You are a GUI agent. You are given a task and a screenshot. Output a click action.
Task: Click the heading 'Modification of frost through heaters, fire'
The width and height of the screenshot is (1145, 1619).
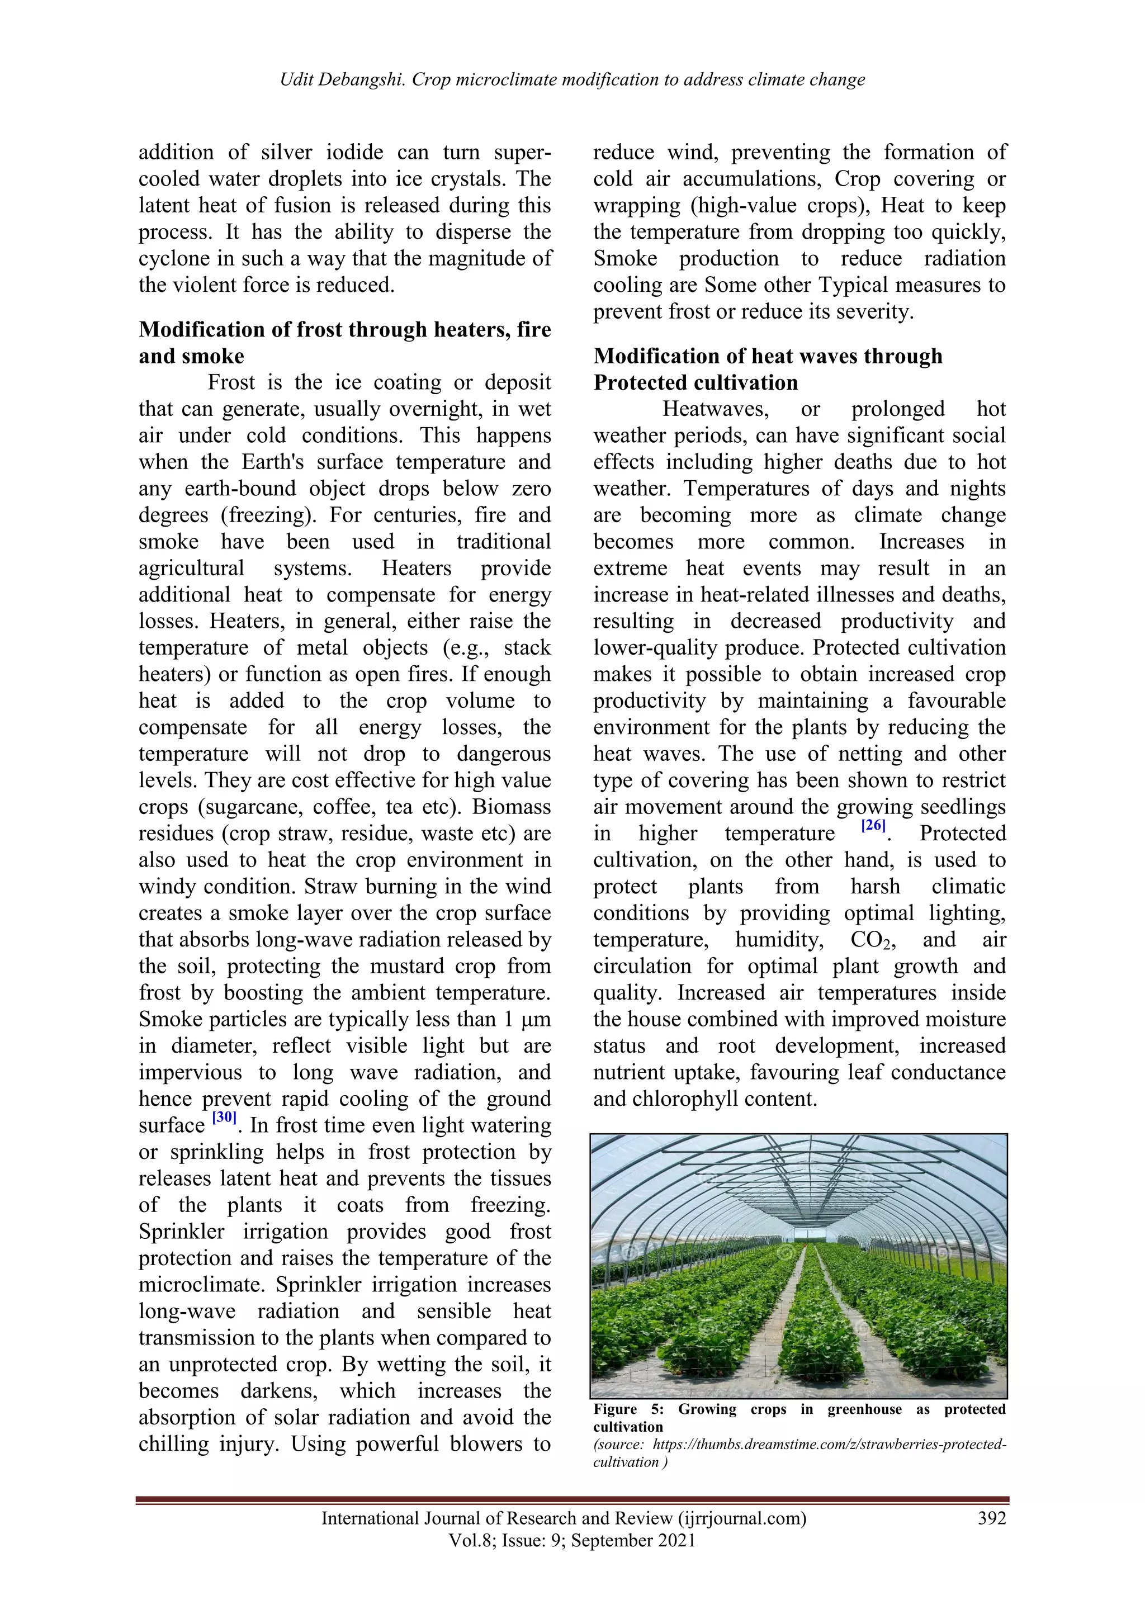tap(344, 329)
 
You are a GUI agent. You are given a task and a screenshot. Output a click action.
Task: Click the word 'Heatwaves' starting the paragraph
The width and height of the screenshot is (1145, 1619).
tap(716, 409)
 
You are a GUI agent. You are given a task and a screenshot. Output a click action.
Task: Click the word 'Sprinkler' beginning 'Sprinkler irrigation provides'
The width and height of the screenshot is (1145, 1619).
tap(181, 1232)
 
